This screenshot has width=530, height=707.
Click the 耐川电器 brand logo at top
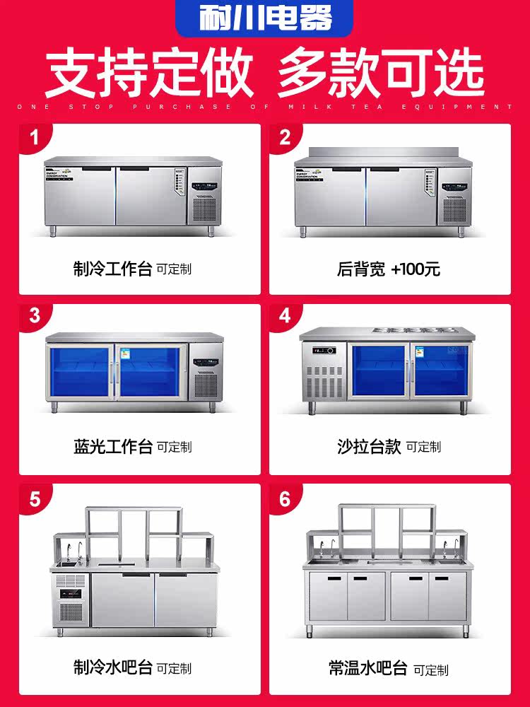(x=264, y=18)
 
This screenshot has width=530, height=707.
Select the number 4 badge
(x=285, y=316)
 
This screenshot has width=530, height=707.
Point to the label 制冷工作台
(x=112, y=269)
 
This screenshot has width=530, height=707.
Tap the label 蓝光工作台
(x=112, y=447)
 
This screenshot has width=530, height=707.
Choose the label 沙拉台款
(x=369, y=447)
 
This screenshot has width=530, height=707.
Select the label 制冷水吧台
(x=112, y=667)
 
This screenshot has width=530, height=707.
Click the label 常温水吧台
(x=368, y=667)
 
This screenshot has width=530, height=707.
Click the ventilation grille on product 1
(x=204, y=209)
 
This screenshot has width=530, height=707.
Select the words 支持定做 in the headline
(x=148, y=73)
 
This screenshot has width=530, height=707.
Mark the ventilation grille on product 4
(x=324, y=379)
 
